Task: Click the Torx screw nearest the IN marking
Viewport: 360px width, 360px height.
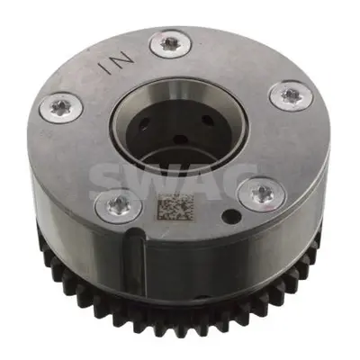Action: click(x=170, y=44)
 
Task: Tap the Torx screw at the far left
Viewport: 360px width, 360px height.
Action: click(x=61, y=107)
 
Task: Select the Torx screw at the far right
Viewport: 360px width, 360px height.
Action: click(x=292, y=96)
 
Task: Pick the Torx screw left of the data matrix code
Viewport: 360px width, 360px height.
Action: click(x=118, y=206)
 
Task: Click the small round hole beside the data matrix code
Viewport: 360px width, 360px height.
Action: click(x=232, y=215)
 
